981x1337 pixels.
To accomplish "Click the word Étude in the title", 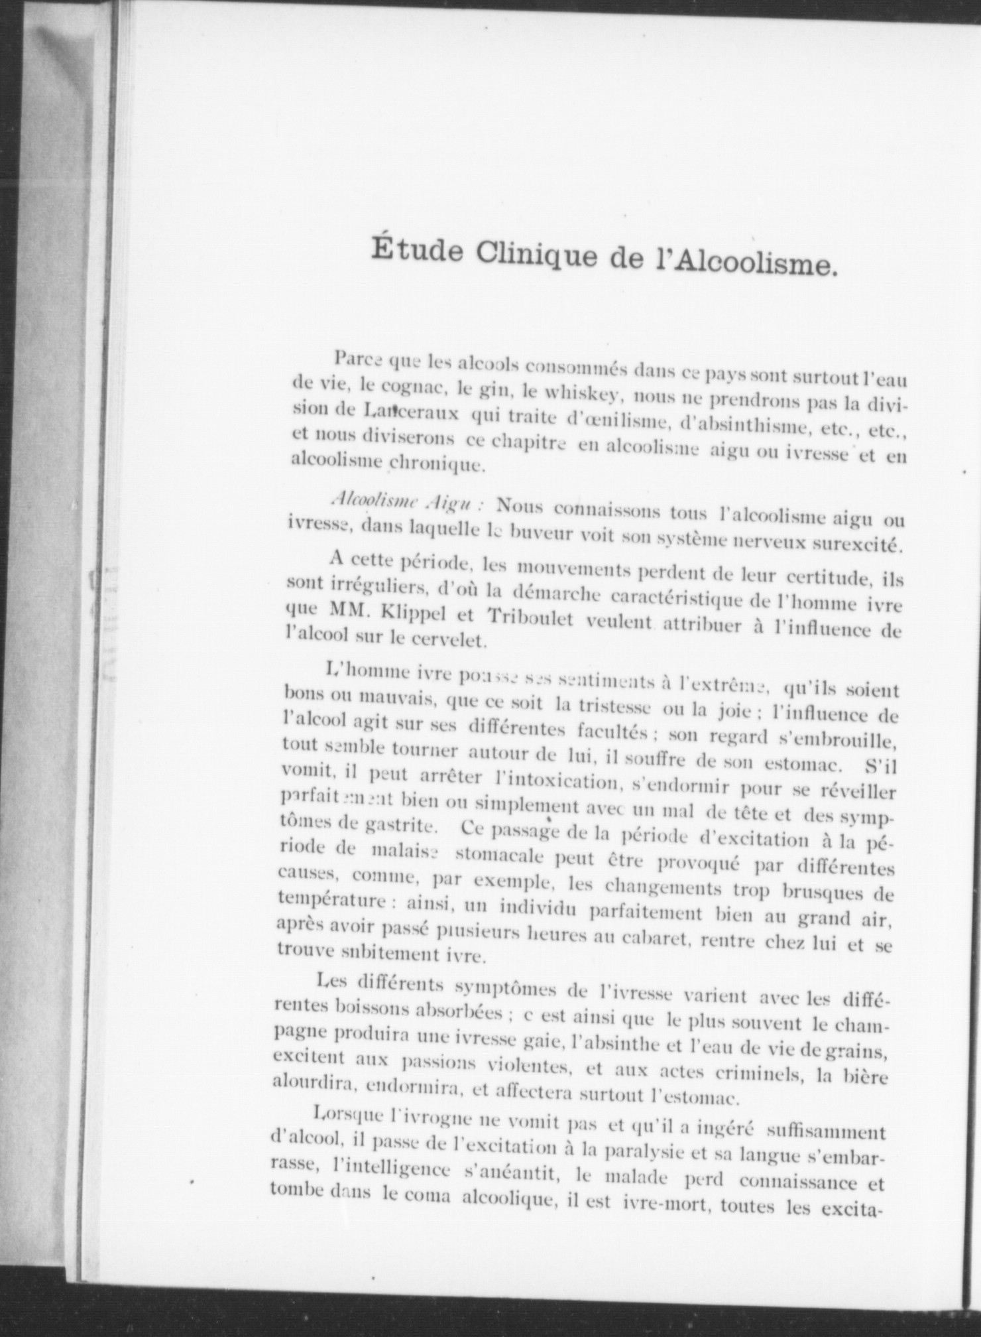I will pyautogui.click(x=410, y=253).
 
